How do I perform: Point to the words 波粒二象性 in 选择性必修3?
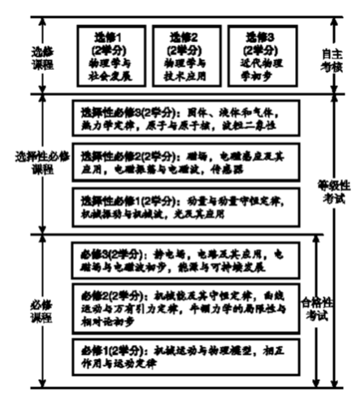click(258, 124)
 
